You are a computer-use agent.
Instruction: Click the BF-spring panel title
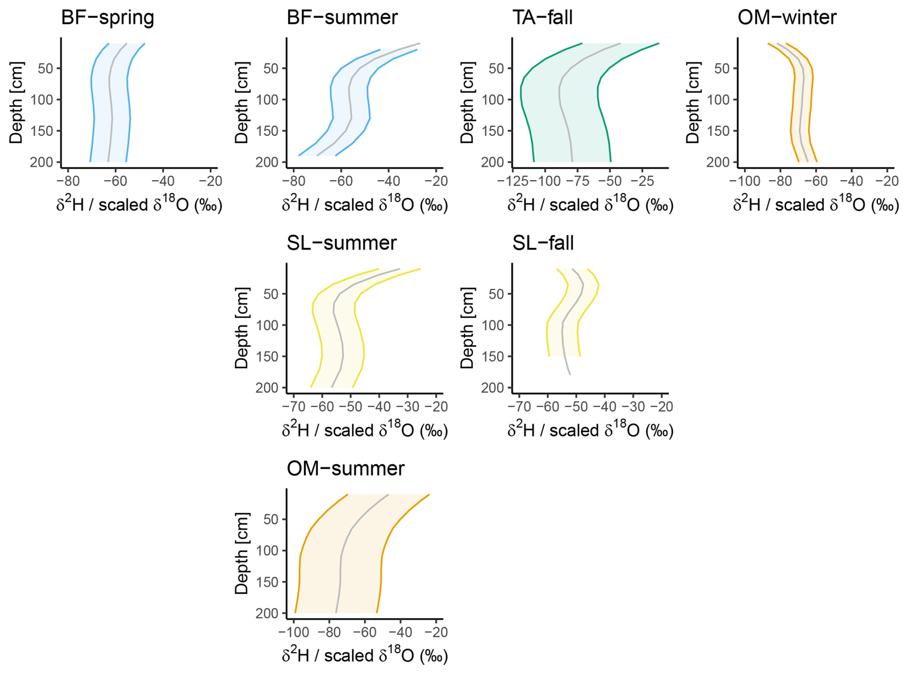tap(108, 18)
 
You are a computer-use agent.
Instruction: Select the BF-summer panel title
tap(342, 18)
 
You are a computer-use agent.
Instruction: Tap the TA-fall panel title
tap(542, 18)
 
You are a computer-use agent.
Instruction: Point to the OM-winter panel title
tap(787, 18)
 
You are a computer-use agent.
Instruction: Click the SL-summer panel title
tap(342, 243)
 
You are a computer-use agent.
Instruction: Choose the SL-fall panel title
tap(543, 243)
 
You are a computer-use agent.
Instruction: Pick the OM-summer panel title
tap(346, 469)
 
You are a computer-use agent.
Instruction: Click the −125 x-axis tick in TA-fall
tap(513, 181)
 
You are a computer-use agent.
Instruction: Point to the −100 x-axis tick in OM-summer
tap(294, 632)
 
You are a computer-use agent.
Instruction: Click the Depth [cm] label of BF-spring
tap(16, 102)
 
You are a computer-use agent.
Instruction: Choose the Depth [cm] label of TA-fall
tap(467, 102)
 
